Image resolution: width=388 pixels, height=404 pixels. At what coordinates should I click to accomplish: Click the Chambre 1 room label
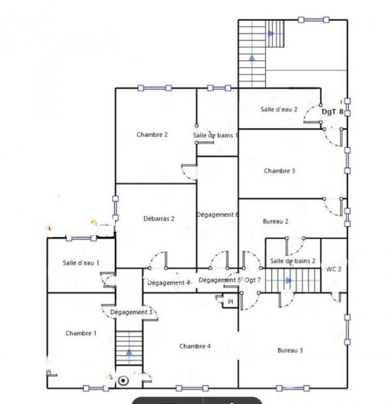coord(81,333)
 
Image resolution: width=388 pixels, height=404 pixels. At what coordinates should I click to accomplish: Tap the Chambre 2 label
coord(152,135)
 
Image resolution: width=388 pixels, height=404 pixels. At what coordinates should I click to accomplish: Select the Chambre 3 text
coord(279,171)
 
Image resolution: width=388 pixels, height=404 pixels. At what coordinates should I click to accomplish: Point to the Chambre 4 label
coord(195,346)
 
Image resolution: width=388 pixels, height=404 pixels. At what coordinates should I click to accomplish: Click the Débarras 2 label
coord(159,219)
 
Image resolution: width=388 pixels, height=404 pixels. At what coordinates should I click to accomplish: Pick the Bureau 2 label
coord(276,221)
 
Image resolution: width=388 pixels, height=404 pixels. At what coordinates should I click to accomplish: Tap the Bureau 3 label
coord(290,350)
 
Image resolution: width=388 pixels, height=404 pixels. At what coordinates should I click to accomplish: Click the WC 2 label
coord(334,269)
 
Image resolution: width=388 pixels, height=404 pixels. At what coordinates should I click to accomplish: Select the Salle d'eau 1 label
coord(81,263)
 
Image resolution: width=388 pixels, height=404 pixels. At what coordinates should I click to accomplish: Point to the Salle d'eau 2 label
coord(279,109)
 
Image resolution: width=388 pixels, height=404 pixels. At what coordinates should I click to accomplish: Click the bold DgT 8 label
coord(333,112)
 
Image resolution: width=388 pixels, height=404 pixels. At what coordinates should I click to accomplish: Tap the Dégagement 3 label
coord(131,313)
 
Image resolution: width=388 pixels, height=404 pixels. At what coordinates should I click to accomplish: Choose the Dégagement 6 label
coord(217,215)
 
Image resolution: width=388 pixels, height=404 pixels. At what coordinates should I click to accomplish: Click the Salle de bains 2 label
coord(293,261)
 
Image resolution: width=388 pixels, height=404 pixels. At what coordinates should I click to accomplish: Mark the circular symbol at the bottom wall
coord(123,380)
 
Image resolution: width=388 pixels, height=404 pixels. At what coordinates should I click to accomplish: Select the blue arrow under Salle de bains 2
coord(288,280)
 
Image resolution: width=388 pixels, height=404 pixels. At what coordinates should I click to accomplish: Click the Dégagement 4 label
coord(168,283)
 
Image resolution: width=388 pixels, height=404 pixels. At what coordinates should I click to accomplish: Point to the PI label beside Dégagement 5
coord(230,302)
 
